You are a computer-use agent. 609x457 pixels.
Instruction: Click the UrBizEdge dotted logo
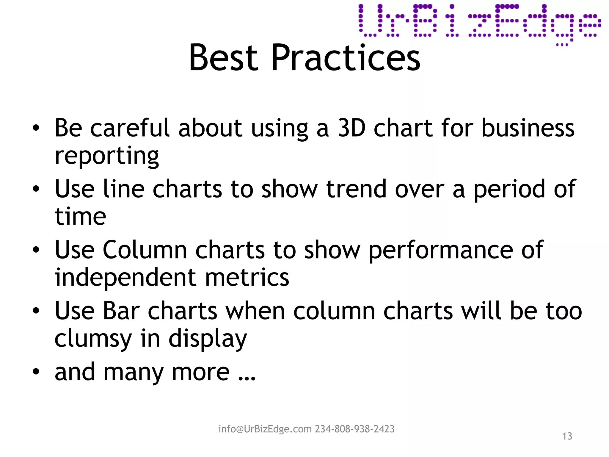(x=479, y=24)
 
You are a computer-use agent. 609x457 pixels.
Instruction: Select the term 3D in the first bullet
(x=351, y=128)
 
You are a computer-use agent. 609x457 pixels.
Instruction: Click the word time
(x=81, y=216)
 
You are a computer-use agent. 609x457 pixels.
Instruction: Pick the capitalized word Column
(x=145, y=250)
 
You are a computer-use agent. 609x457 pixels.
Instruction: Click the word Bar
(x=121, y=311)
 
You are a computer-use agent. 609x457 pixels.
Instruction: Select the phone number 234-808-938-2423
(x=354, y=429)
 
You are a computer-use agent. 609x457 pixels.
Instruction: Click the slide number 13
(x=567, y=436)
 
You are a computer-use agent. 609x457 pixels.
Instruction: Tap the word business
(x=528, y=128)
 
